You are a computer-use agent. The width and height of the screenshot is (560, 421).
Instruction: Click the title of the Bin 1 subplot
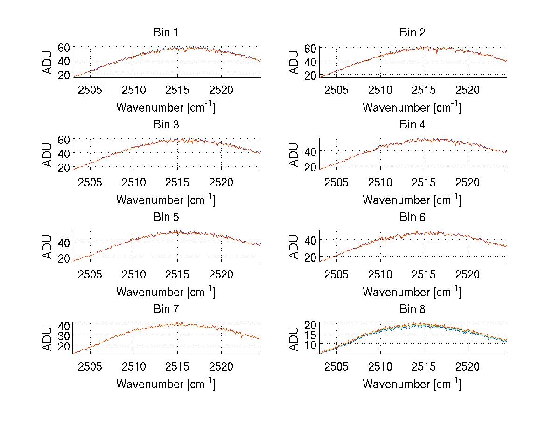(x=166, y=33)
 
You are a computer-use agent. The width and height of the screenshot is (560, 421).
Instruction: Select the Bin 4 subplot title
(x=413, y=125)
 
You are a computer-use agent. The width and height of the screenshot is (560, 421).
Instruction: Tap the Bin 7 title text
(x=166, y=309)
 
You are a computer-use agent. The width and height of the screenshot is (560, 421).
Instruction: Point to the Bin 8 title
(x=413, y=309)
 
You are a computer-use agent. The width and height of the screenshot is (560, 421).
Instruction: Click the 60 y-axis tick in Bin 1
(x=64, y=47)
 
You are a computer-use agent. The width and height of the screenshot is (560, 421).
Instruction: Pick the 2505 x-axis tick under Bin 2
(x=336, y=90)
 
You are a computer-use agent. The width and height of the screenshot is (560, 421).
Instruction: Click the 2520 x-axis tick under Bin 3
(x=221, y=182)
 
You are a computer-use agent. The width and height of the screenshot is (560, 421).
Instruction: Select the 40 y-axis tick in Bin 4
(x=310, y=151)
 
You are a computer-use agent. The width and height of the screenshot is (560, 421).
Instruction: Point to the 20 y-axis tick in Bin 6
(x=310, y=257)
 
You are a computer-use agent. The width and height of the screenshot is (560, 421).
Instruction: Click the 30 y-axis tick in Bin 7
(x=64, y=335)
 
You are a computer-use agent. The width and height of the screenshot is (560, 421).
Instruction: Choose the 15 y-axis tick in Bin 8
(x=310, y=334)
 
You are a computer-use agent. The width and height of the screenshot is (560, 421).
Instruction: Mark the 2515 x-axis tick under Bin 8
(x=424, y=366)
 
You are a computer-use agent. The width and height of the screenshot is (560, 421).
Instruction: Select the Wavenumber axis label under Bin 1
(x=166, y=107)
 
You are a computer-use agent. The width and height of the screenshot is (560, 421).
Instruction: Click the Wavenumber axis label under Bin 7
(x=166, y=384)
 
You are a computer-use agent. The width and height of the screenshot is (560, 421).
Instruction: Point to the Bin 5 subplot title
(x=166, y=217)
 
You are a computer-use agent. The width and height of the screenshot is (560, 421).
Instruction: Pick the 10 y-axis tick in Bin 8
(x=310, y=344)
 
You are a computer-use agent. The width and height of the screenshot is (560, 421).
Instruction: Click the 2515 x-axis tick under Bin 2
(x=424, y=90)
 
